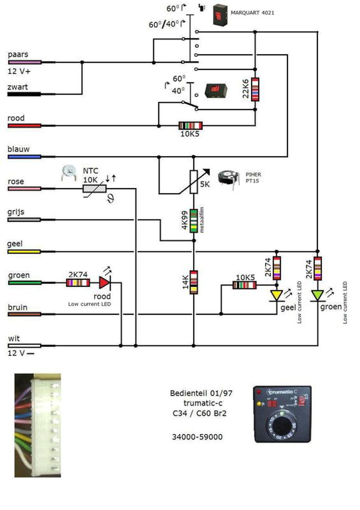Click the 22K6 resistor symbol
click(x=255, y=89)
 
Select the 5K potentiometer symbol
click(x=194, y=181)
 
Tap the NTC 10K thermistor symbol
click(x=94, y=189)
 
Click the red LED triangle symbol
click(x=104, y=283)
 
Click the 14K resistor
click(x=194, y=282)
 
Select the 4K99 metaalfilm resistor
click(x=194, y=221)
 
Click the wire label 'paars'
click(x=18, y=54)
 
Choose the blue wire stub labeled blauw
click(x=25, y=157)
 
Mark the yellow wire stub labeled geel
click(x=25, y=251)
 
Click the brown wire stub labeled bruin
click(x=25, y=314)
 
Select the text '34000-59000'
click(x=197, y=437)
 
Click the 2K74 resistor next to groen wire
click(x=78, y=283)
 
